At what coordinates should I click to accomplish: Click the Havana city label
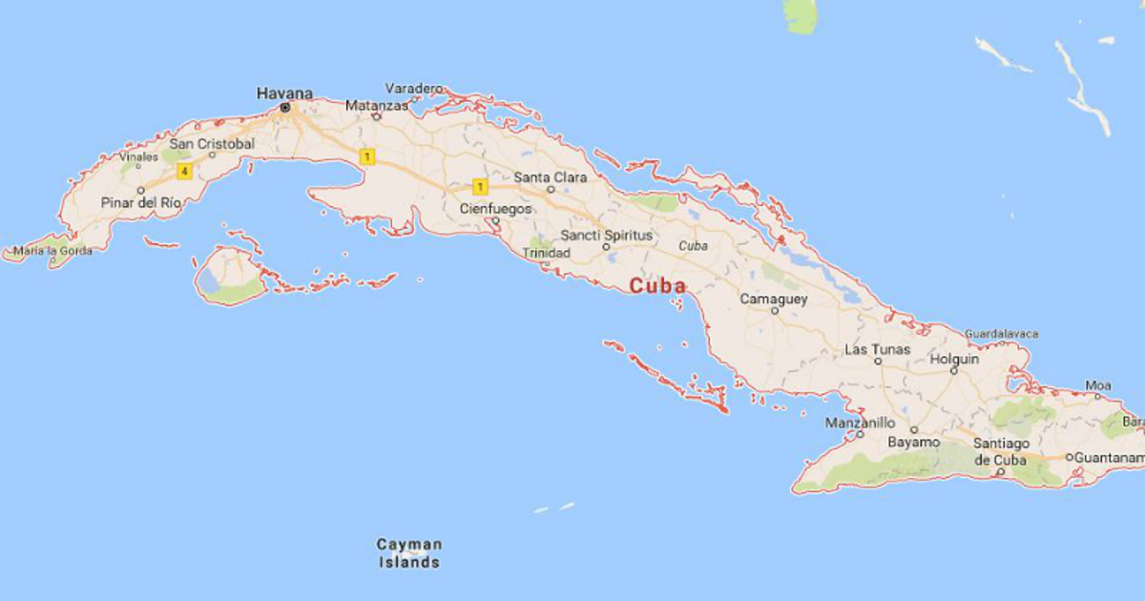pos(284,93)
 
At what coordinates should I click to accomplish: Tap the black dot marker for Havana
pos(285,109)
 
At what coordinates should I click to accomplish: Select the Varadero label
pos(416,89)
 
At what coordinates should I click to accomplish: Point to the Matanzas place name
pos(375,105)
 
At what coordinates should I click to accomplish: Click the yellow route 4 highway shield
pos(183,172)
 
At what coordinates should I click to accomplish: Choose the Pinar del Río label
pos(141,203)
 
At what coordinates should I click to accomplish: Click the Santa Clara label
pos(551,176)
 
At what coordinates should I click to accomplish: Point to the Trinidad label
pos(547,253)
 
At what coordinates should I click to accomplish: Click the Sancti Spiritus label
pos(607,235)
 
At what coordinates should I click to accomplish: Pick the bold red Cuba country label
pos(657,285)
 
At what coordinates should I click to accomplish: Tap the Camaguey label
pos(774,300)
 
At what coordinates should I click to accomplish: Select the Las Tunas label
pos(878,350)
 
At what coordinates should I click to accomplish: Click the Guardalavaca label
pos(1002,334)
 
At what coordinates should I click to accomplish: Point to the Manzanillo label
pos(860,423)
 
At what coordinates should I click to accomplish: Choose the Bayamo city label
pos(914,443)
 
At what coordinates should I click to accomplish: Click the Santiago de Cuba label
pos(1000,451)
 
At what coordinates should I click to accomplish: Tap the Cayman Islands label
pos(409,553)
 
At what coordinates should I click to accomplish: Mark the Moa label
pos(1098,385)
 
